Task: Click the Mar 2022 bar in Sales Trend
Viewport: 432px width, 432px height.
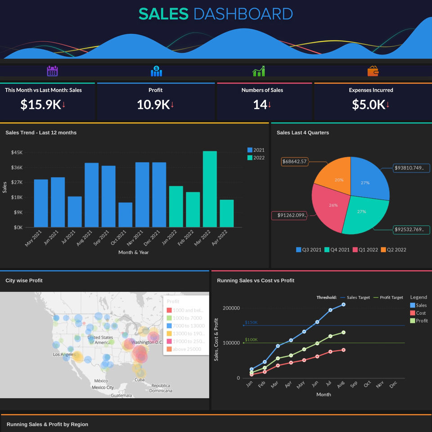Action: (x=210, y=189)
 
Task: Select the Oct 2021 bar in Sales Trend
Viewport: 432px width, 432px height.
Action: (x=126, y=215)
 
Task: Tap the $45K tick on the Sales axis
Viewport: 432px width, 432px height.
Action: (x=17, y=153)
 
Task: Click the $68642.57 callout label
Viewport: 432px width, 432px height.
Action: (x=295, y=162)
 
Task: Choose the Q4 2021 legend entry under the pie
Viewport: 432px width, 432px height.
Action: (x=337, y=250)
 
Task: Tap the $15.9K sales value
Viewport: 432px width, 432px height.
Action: (x=40, y=104)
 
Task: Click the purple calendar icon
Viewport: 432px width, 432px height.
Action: (x=53, y=71)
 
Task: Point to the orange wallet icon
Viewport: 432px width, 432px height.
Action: (x=373, y=71)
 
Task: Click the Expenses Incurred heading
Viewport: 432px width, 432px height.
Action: (x=371, y=90)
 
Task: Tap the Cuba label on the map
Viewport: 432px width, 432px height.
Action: (x=139, y=380)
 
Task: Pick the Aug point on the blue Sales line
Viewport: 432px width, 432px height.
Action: (x=343, y=305)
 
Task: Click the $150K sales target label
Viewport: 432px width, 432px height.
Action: (x=251, y=323)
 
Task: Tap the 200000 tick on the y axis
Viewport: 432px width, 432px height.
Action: (x=231, y=308)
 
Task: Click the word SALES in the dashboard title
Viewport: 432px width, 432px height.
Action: (x=163, y=14)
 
